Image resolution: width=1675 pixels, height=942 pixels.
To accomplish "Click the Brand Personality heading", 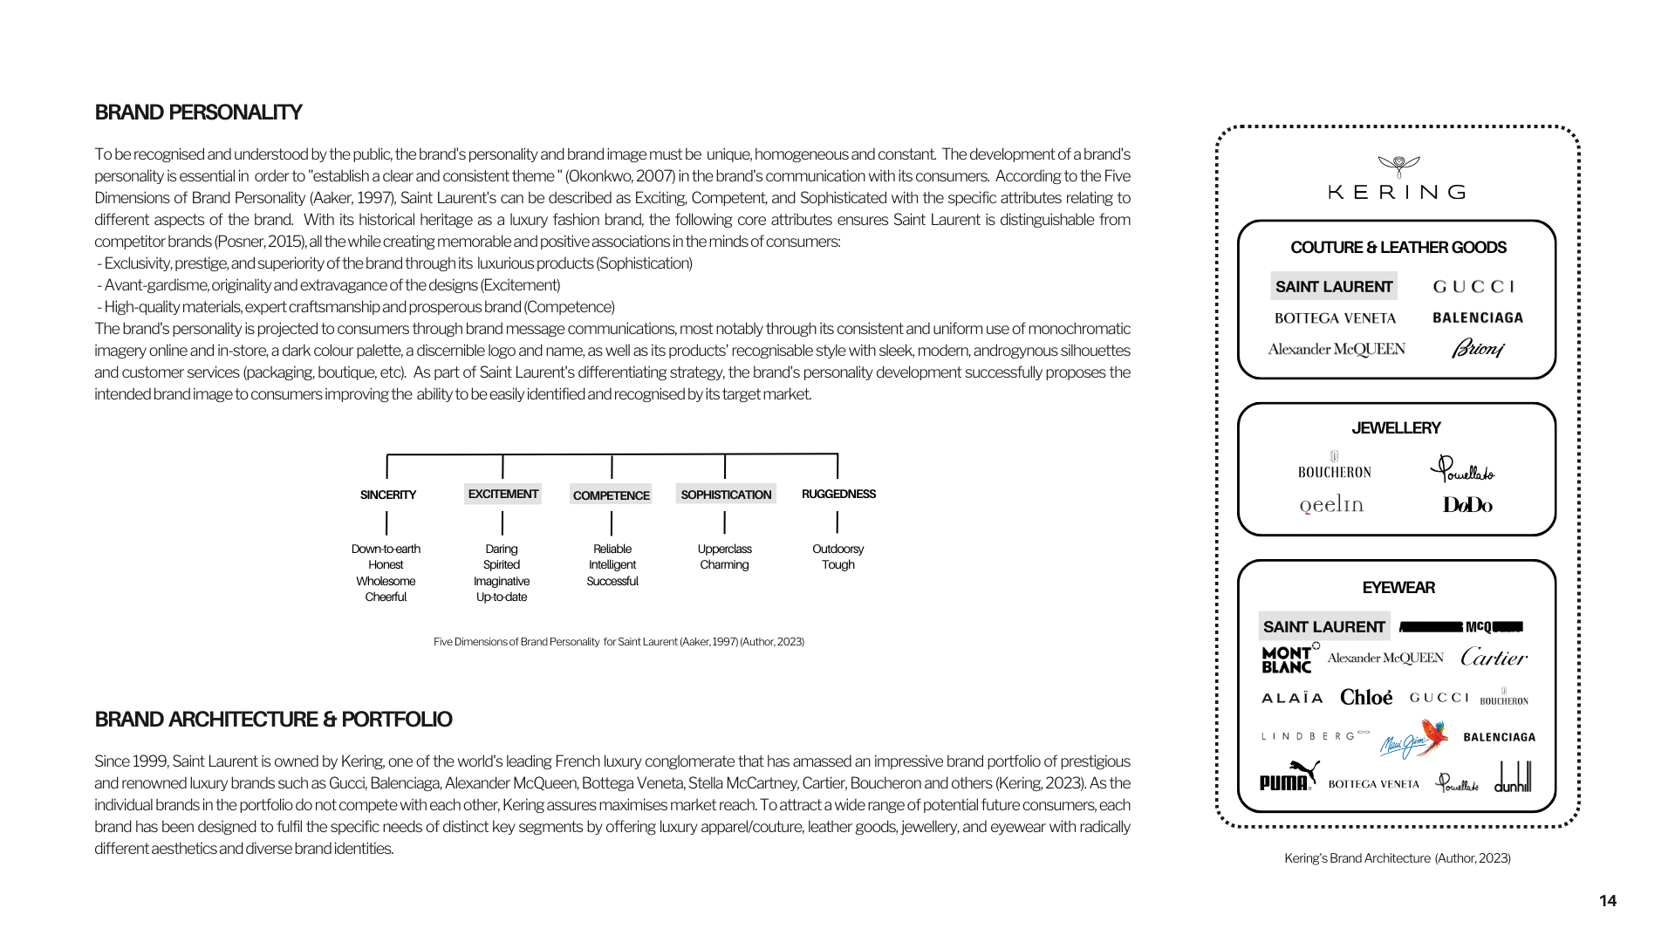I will pos(198,113).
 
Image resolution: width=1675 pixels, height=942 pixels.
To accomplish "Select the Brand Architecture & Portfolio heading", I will pos(273,720).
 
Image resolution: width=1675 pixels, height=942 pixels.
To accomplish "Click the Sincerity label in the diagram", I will pos(388,495).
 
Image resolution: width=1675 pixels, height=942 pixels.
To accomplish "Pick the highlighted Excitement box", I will pos(502,494).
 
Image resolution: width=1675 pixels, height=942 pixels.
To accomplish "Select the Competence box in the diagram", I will pos(611,495).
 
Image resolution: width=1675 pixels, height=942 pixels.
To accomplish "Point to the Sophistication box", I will pos(726,495).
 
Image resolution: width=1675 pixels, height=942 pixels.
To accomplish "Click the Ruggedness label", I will pos(838,494).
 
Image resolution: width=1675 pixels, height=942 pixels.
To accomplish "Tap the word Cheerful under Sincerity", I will pos(386,597).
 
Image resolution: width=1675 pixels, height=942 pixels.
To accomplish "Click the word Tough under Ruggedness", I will pos(837,565).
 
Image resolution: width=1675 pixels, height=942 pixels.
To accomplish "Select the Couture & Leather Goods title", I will pos(1398,248).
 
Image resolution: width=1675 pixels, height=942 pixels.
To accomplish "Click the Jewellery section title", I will pos(1396,428).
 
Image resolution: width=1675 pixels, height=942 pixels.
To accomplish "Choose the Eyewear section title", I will pos(1398,588).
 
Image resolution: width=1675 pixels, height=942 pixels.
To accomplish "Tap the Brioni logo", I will pos(1478,349).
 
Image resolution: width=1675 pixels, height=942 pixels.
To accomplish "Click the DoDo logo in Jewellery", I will pos(1467,505).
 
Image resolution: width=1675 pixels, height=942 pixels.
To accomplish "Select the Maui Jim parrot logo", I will pos(1414,739).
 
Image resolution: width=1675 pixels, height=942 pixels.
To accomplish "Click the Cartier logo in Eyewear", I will pos(1494,658).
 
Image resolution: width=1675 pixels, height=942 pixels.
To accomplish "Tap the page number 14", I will pos(1608,901).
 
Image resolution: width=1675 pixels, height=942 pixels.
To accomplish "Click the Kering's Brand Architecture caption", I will pos(1397,858).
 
